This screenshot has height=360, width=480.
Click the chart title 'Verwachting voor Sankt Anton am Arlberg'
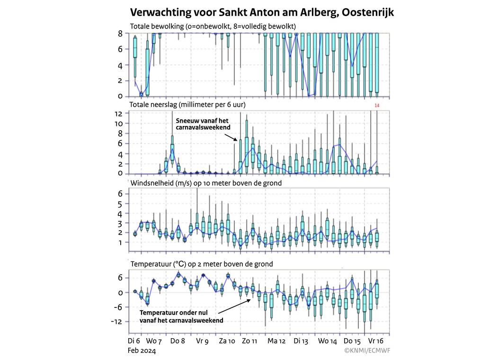(261, 12)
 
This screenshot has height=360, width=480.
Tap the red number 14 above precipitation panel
(377, 105)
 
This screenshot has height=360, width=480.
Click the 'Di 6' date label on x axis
(134, 341)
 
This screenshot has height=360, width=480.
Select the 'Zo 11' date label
(249, 341)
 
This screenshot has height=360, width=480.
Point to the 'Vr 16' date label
(376, 341)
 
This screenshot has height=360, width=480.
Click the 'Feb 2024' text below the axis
(142, 351)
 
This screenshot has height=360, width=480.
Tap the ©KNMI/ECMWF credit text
(364, 351)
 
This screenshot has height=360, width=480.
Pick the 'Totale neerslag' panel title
(188, 104)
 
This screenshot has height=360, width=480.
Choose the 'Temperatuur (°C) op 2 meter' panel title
(201, 264)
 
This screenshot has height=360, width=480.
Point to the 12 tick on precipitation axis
(118, 114)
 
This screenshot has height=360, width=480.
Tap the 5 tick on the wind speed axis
(120, 204)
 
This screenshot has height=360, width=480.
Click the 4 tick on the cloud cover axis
(120, 65)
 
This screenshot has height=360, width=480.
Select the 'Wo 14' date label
(327, 341)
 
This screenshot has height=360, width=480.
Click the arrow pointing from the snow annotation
(231, 137)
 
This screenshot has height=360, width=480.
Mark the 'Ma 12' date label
(276, 341)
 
